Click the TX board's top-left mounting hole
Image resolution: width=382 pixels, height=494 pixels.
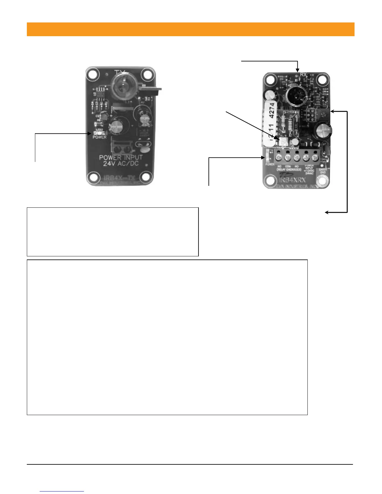[x=92, y=75]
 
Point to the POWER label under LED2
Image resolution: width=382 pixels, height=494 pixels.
[x=100, y=137]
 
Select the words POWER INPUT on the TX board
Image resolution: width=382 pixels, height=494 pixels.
[x=121, y=157]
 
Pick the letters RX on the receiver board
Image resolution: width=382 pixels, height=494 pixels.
[x=303, y=75]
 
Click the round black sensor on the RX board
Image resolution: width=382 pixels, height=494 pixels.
[x=295, y=95]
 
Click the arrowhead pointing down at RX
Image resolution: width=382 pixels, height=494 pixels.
[x=298, y=70]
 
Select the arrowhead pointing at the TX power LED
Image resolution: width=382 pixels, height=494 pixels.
[x=90, y=134]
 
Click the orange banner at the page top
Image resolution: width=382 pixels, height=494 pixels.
[x=190, y=29]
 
